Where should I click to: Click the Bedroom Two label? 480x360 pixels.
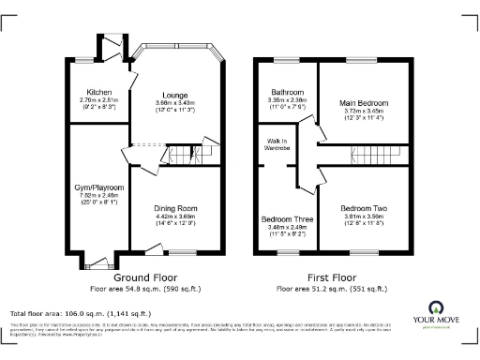(364, 207)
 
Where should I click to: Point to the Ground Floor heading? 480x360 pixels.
(146, 278)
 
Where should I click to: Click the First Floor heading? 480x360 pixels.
(333, 278)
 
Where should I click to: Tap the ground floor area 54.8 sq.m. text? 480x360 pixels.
(146, 289)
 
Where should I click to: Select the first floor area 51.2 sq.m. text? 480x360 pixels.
(333, 289)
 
